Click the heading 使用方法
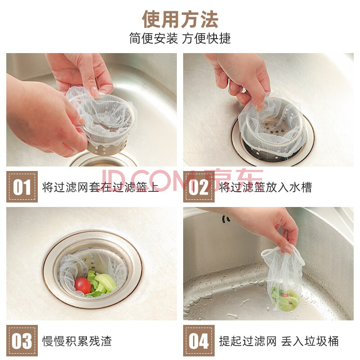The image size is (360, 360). pos(180,19)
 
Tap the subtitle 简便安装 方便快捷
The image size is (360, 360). pos(180,38)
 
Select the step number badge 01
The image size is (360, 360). pos(22,187)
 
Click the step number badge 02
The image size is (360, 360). pos(199,187)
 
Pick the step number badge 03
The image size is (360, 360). pos(22,341)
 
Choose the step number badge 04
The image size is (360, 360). pos(199,341)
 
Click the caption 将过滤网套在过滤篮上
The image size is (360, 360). pos(100,187)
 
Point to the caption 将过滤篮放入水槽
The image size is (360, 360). pos(265,187)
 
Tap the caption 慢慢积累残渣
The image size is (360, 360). pos(77,341)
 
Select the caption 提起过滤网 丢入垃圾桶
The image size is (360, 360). pos(279,341)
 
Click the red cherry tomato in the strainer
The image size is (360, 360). pos(83,286)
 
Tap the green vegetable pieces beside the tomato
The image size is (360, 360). pos(102,284)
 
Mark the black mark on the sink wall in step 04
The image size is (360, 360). pos(226,219)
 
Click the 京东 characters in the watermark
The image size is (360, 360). pos(234,180)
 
